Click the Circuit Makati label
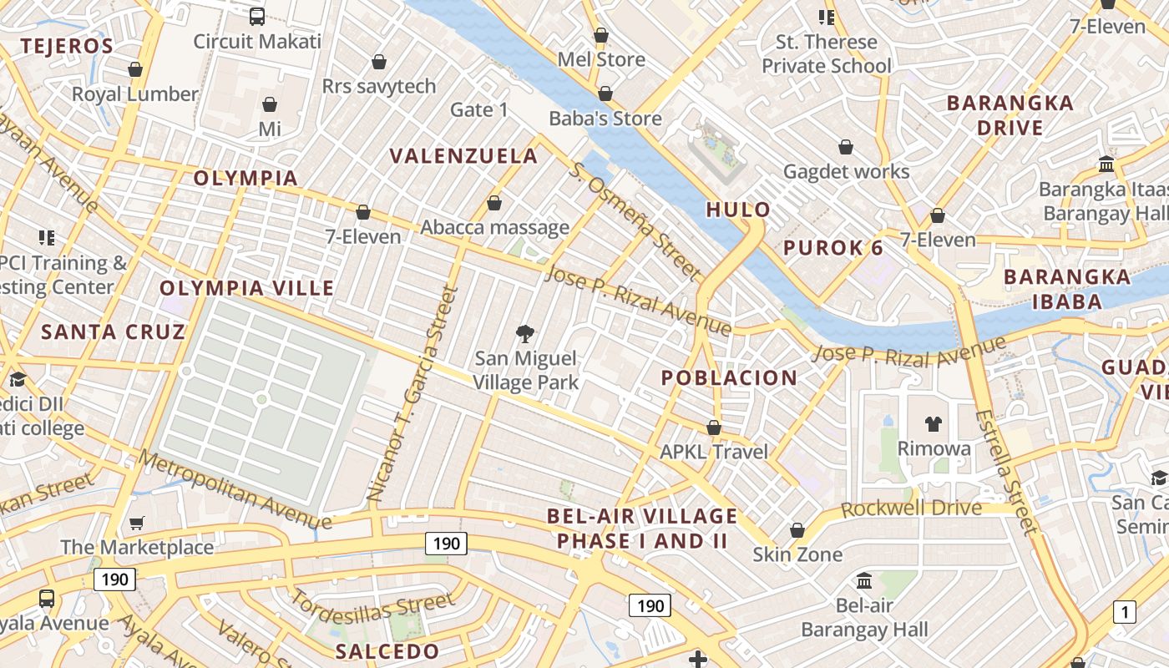tap(256, 41)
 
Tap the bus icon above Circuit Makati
tap(256, 16)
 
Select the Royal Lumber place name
tap(134, 94)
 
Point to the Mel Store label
tap(601, 59)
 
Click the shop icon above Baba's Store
tap(605, 94)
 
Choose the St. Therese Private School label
tap(826, 53)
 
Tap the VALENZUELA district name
tap(463, 156)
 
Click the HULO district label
tap(738, 210)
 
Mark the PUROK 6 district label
tap(832, 248)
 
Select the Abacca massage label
tap(494, 227)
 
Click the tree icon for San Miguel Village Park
tap(525, 335)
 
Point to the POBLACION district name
tap(729, 378)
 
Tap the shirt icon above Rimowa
tap(934, 424)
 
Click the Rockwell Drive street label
tap(911, 509)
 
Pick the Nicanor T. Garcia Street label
tap(414, 394)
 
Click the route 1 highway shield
tap(1124, 612)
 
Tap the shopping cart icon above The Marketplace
tap(137, 524)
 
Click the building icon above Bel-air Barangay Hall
tap(864, 580)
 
